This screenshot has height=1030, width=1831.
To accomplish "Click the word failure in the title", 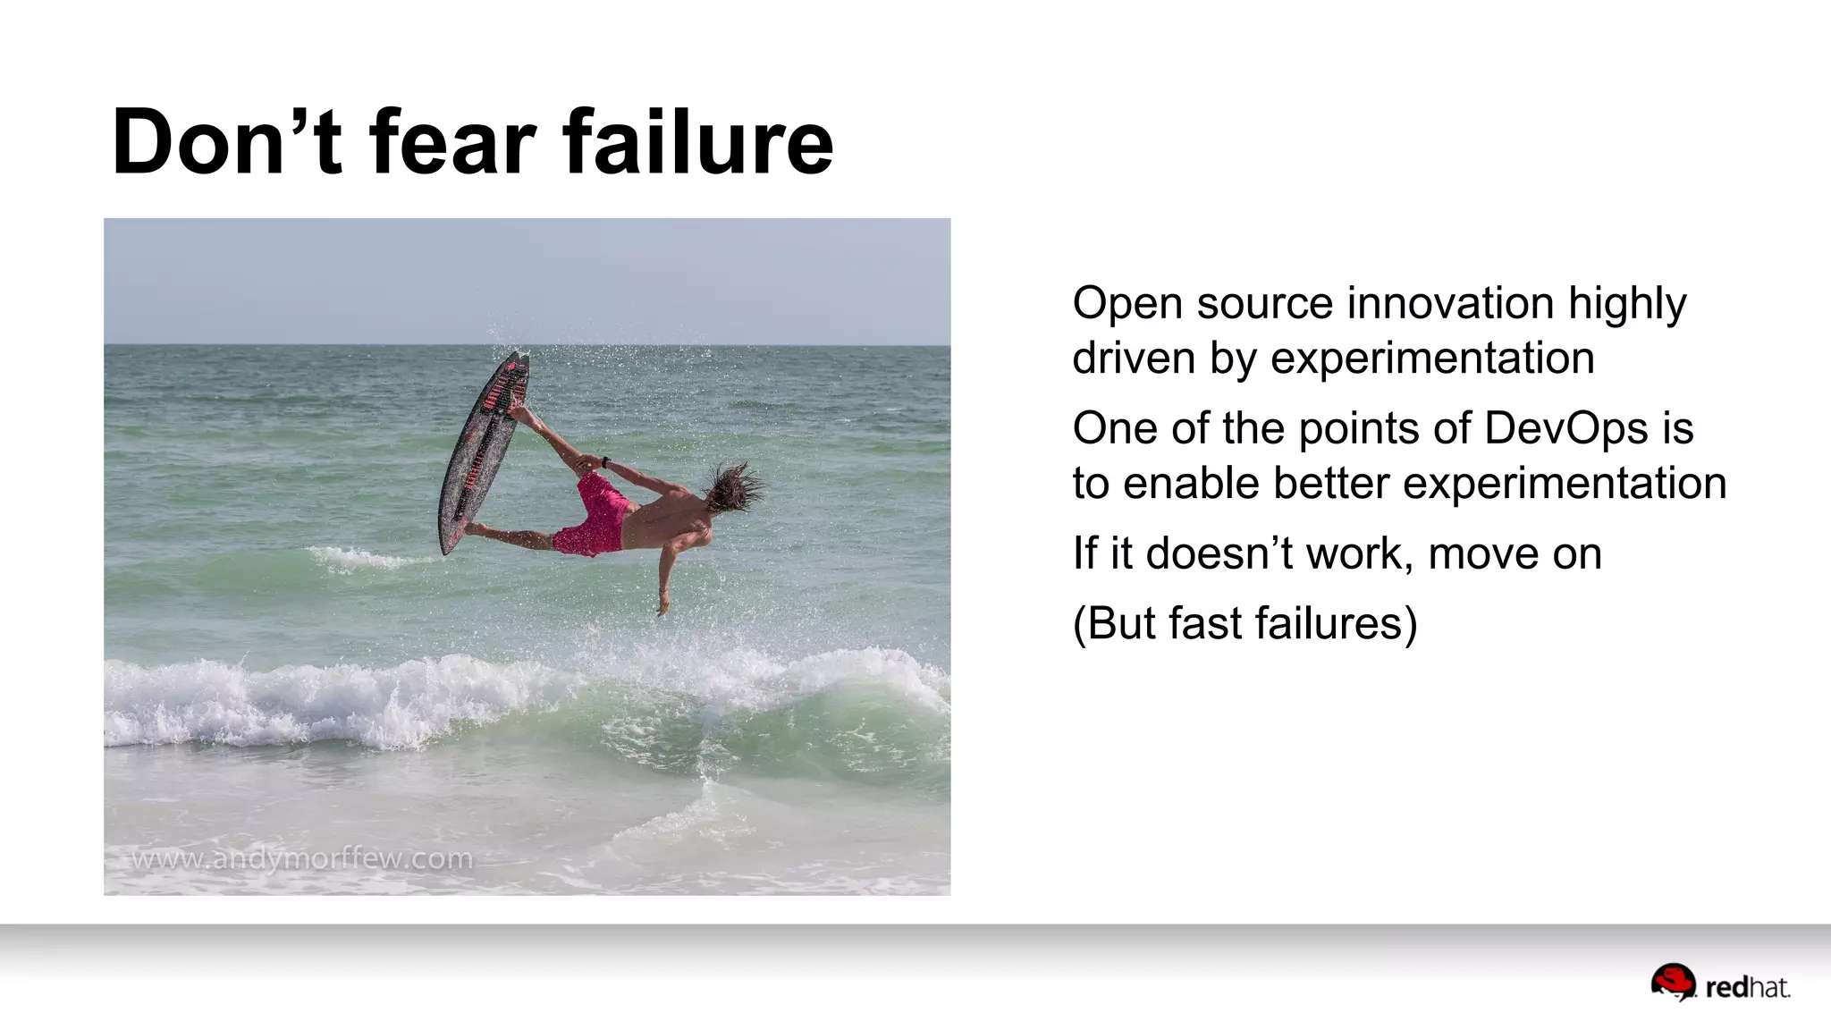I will coord(697,143).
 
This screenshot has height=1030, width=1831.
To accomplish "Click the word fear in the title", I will coord(451,143).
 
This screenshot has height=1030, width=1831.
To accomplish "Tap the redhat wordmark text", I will coord(1747,988).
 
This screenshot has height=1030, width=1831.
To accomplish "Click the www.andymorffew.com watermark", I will coord(302,859).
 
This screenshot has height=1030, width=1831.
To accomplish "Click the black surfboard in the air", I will coord(483,452).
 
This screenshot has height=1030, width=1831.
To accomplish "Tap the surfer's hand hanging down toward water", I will coord(662,604).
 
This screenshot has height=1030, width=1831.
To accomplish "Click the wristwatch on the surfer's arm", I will coord(606,462).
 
